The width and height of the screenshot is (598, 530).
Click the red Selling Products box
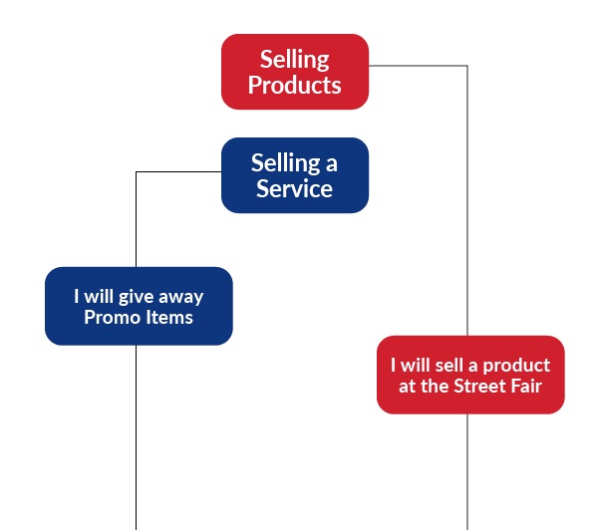click(295, 72)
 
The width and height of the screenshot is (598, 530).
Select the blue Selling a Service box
click(295, 175)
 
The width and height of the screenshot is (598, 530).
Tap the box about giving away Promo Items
click(139, 306)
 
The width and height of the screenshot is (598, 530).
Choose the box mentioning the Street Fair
click(470, 375)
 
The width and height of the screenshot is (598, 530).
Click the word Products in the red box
click(295, 86)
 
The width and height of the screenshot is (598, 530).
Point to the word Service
click(295, 189)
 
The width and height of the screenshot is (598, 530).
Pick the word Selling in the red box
click(295, 59)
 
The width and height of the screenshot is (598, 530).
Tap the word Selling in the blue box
click(280, 162)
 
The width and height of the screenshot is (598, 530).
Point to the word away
click(181, 296)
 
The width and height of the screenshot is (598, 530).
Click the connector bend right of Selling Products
click(467, 66)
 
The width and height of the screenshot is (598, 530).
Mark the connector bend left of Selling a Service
click(136, 171)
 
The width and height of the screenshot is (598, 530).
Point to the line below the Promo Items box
click(136, 438)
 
